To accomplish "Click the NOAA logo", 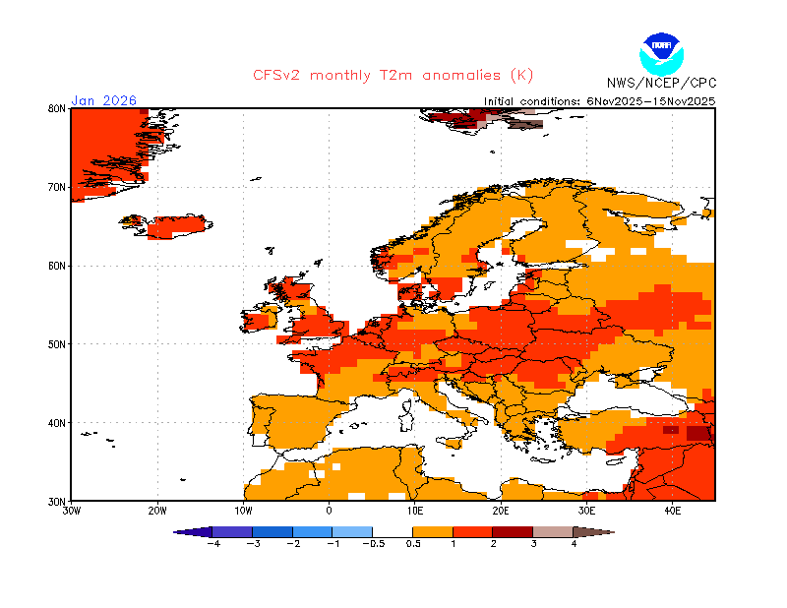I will (x=659, y=52).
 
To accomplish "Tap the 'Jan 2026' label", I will (x=103, y=100).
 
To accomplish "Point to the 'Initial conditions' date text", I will (x=600, y=100).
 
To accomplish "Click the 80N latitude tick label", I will (x=57, y=108).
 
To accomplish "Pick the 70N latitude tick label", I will (x=57, y=187).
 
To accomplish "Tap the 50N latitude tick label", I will (x=57, y=344).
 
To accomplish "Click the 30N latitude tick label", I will (x=57, y=501).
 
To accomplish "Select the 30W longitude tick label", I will (x=71, y=511).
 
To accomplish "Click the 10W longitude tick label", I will (x=243, y=511).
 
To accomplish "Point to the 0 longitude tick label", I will (x=330, y=511).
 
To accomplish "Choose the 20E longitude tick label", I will (x=501, y=511).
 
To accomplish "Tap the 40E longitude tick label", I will (x=673, y=511).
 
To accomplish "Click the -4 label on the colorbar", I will (x=212, y=543).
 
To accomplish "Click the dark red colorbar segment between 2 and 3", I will (x=513, y=531).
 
